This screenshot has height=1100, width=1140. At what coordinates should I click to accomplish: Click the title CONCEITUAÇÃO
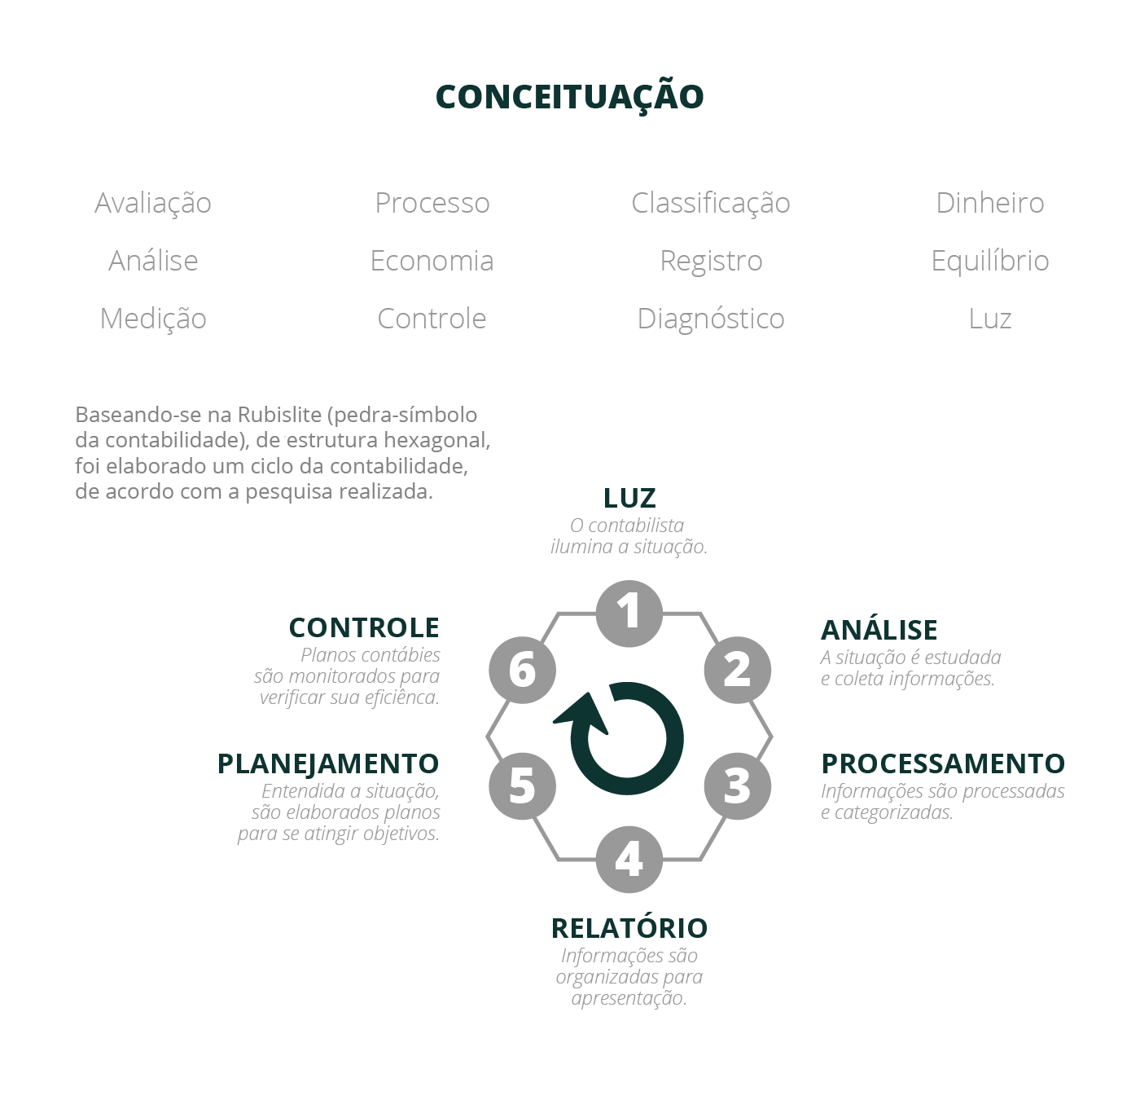click(x=569, y=96)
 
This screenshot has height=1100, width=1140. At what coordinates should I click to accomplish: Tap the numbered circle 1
click(x=629, y=614)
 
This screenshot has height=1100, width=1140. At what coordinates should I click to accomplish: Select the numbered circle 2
click(x=737, y=670)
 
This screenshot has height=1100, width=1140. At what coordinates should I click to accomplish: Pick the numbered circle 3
click(x=737, y=786)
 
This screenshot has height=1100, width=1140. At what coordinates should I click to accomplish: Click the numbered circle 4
click(x=629, y=860)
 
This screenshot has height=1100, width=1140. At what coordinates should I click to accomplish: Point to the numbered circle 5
click(x=522, y=786)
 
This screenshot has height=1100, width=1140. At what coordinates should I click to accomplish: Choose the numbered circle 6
click(x=522, y=670)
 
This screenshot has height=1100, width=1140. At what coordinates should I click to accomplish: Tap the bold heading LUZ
click(x=629, y=498)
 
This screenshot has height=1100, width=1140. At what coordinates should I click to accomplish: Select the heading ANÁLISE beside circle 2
click(x=879, y=630)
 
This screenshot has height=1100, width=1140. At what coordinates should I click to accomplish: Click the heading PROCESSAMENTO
click(x=943, y=763)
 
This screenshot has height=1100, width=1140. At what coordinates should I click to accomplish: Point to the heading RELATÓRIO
click(x=629, y=928)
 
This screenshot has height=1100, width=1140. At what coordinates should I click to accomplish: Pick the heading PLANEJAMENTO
click(x=328, y=763)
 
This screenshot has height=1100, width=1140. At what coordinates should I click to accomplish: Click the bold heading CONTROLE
click(x=364, y=627)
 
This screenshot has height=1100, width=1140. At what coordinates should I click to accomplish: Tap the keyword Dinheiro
click(x=989, y=203)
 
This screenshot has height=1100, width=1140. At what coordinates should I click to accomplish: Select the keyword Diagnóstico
click(x=711, y=319)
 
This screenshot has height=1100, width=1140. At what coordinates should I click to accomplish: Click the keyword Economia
click(x=432, y=261)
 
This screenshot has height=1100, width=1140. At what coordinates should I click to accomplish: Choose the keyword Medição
click(x=153, y=319)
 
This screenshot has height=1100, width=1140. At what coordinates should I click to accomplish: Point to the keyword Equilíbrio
click(x=989, y=261)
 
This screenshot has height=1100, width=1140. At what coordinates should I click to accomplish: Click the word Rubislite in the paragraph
click(x=279, y=415)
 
